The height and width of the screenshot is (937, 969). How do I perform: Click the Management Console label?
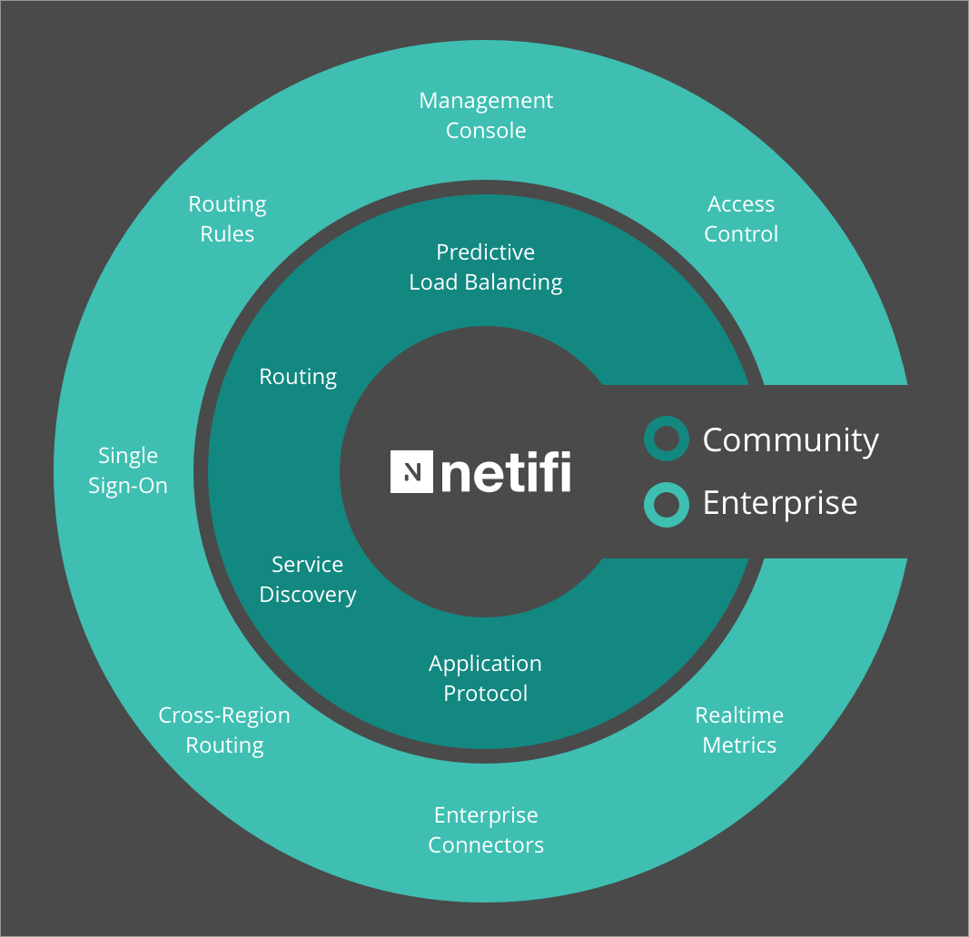tap(486, 115)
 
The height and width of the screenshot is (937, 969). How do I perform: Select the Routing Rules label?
tap(227, 219)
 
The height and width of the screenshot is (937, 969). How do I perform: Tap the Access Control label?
tap(741, 219)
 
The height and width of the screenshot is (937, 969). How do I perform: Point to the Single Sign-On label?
tap(128, 470)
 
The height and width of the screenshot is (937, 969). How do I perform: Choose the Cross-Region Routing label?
tap(224, 730)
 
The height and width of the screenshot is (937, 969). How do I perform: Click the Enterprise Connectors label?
tap(486, 830)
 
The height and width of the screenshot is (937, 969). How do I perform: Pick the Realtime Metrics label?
tap(739, 730)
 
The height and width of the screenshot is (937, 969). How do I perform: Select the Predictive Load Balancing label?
tap(486, 267)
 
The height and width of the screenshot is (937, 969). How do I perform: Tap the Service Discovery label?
tap(308, 579)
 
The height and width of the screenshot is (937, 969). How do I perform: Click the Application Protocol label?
tap(486, 678)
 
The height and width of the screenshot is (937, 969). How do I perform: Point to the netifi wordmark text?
tap(506, 472)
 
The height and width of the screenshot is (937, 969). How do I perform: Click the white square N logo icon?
tap(411, 471)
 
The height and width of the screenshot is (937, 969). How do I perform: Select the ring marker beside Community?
tap(666, 439)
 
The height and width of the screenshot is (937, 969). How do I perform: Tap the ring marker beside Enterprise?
tap(666, 504)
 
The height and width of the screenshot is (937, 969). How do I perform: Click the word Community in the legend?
tap(791, 440)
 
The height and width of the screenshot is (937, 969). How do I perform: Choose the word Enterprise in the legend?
tap(780, 503)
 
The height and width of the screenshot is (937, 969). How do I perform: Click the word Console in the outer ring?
tap(486, 131)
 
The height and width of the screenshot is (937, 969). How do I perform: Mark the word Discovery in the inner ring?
tap(308, 595)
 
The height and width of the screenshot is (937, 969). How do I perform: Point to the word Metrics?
tap(739, 745)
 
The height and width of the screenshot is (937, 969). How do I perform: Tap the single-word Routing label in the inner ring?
tap(298, 377)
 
